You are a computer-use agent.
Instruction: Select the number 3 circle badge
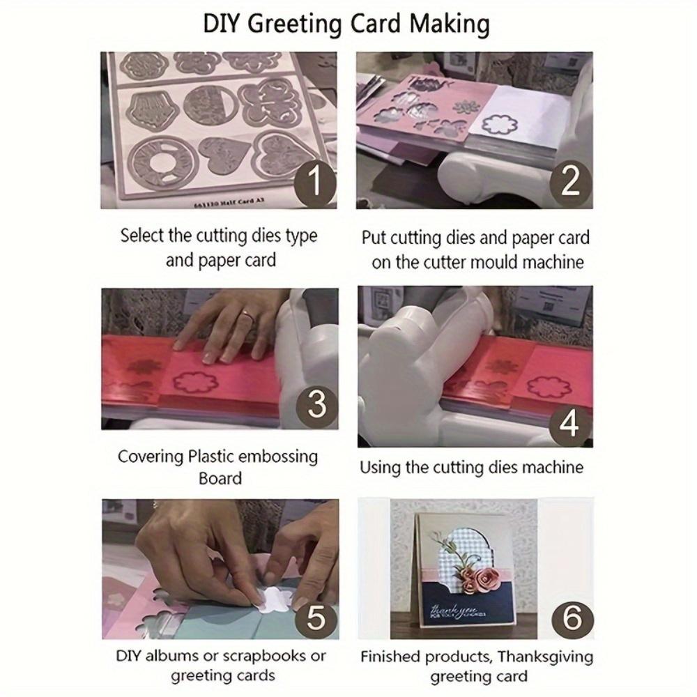coord(317,404)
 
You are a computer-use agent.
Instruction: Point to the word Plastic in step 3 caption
coord(212,457)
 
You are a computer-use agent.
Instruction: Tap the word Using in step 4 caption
coord(380,468)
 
